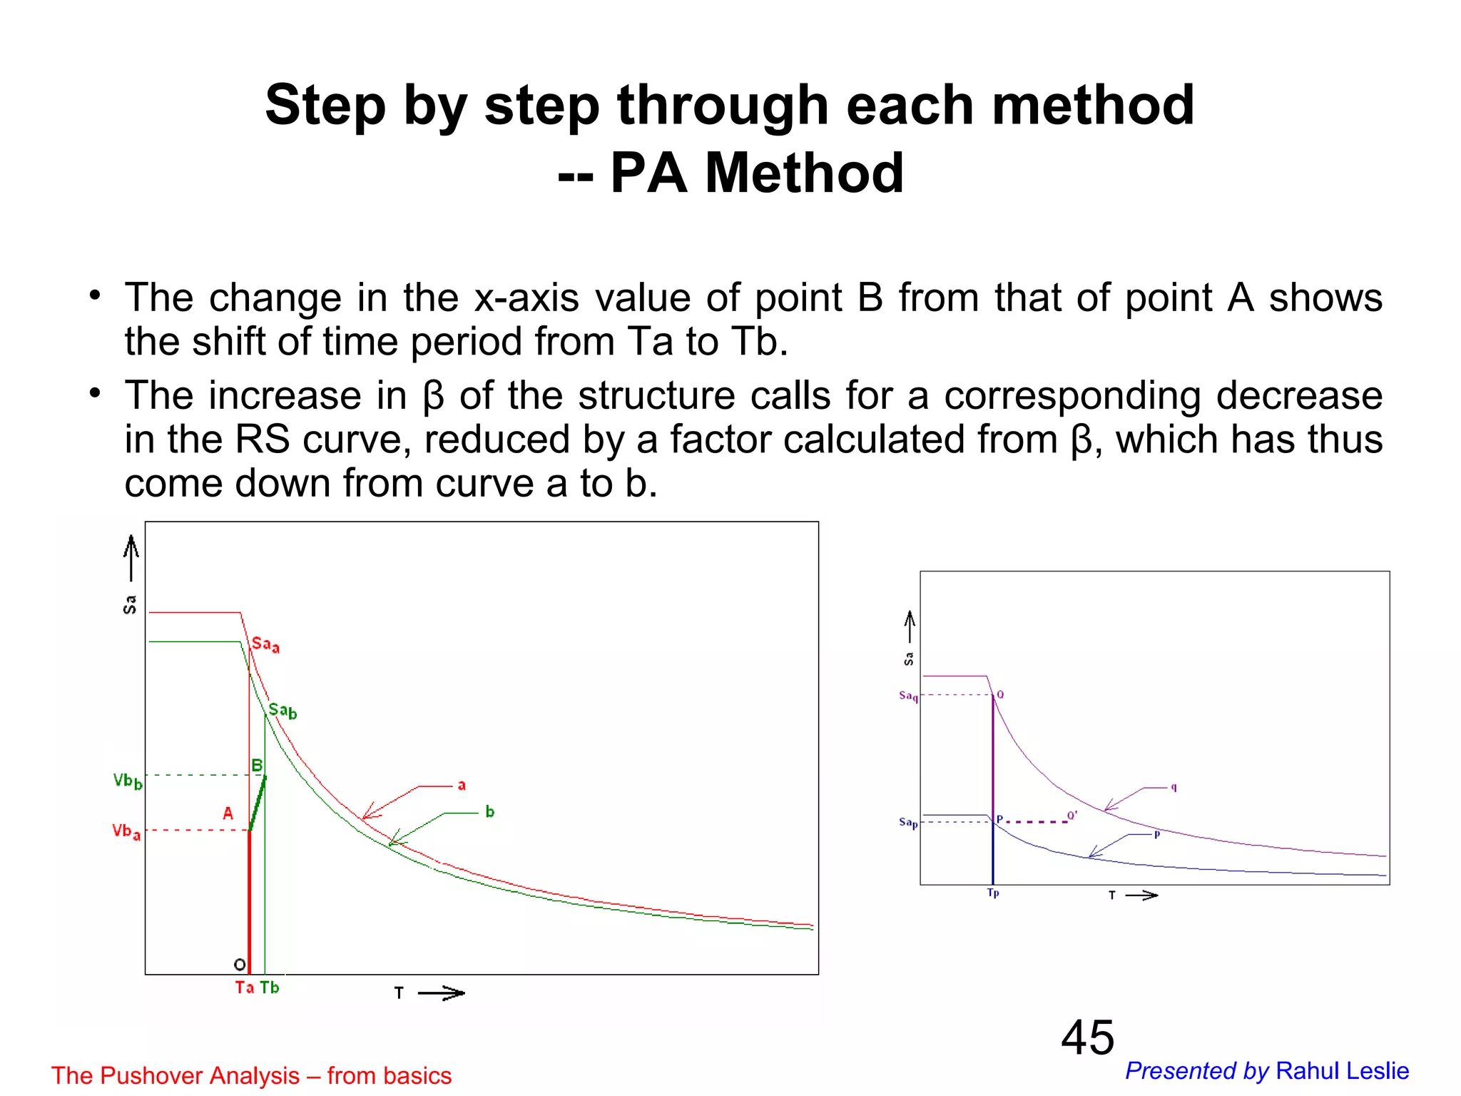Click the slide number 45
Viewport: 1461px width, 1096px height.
[1087, 1037]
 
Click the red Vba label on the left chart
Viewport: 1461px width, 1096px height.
[126, 831]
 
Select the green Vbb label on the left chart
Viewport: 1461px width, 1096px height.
[128, 781]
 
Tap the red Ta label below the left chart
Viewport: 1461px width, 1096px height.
[245, 988]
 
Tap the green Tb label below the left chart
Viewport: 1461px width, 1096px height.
[270, 988]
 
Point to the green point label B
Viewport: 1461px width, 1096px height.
[257, 766]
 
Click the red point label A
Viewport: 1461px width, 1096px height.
[228, 813]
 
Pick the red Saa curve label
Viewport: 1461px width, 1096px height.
[265, 645]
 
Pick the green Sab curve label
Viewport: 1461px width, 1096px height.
[282, 711]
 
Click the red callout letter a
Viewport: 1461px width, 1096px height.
[462, 786]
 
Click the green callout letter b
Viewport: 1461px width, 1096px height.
[489, 812]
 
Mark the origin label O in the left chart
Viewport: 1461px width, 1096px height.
[240, 965]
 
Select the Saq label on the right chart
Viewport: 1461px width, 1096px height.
[908, 696]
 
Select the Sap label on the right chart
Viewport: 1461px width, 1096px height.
[908, 823]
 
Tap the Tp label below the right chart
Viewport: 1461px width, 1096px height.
[993, 893]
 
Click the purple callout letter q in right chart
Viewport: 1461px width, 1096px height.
[1174, 788]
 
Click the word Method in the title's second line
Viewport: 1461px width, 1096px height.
[804, 173]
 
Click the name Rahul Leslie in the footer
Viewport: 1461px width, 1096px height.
[1342, 1071]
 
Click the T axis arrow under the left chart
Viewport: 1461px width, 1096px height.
[440, 993]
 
